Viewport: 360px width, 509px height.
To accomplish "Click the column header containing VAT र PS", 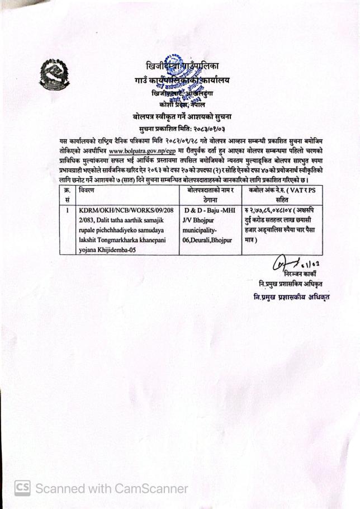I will point(281,195).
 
